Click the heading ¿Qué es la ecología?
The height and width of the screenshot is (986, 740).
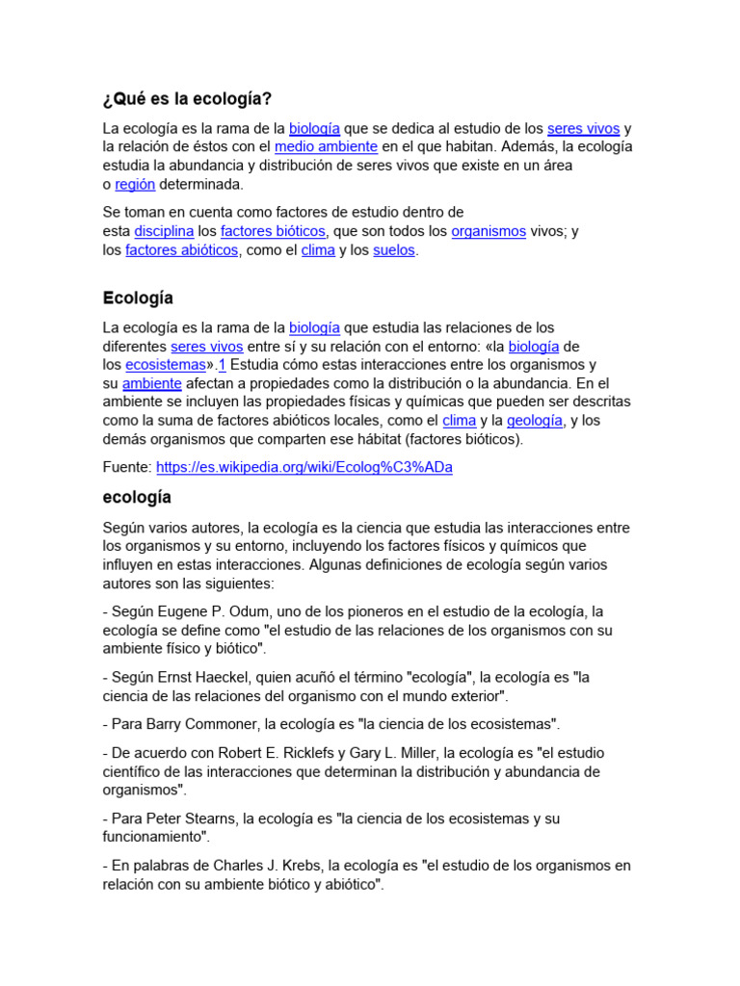[187, 99]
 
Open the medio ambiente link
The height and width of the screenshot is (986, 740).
[326, 146]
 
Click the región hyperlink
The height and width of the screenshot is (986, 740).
[135, 184]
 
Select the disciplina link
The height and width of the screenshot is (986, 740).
[164, 231]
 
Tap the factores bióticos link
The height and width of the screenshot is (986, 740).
[273, 231]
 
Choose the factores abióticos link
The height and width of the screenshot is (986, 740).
[181, 250]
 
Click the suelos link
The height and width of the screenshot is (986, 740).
[394, 250]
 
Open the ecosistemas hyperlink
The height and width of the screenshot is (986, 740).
[166, 365]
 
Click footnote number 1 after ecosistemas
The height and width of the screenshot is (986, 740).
[222, 365]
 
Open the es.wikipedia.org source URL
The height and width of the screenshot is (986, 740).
[304, 467]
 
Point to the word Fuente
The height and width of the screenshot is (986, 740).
[127, 467]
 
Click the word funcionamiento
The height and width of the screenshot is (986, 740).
[155, 838]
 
